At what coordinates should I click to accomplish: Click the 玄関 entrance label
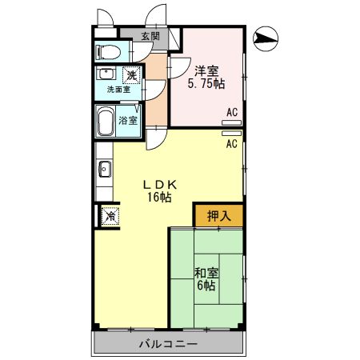[x=150, y=36]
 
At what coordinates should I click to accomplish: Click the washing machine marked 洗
[x=130, y=74]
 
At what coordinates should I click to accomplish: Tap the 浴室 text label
[x=127, y=121]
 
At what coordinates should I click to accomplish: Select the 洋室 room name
[x=206, y=68]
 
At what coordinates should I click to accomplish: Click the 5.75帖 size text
[x=206, y=82]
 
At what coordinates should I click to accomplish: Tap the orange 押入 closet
[x=218, y=214]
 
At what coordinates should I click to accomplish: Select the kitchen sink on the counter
[x=103, y=168]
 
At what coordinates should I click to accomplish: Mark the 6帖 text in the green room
[x=206, y=285]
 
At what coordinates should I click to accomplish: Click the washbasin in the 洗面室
[x=104, y=74]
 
